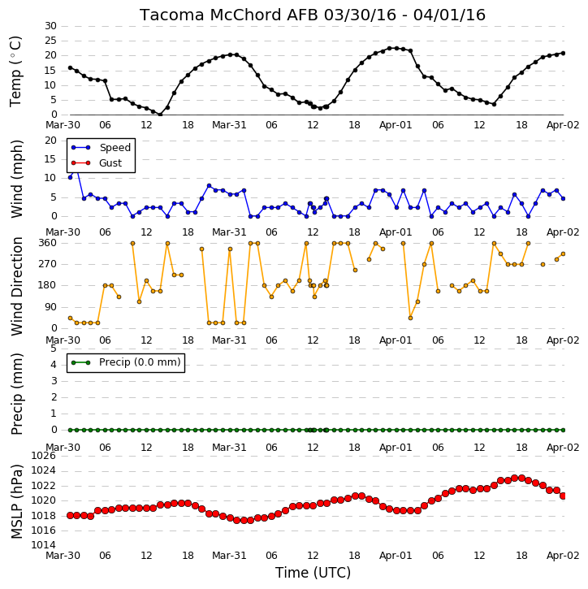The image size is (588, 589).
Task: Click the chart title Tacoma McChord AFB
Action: [x=229, y=15]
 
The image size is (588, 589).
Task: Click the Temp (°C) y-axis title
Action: [x=15, y=71]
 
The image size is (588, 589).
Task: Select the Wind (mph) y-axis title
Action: [x=16, y=179]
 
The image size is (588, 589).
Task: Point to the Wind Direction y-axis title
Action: [x=17, y=286]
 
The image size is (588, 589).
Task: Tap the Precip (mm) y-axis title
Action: [x=17, y=394]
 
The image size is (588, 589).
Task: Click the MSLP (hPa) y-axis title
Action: [x=17, y=501]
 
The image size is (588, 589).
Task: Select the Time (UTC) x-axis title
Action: [x=313, y=573]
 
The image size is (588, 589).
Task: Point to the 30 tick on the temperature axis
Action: [x=50, y=26]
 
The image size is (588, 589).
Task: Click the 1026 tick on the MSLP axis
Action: [x=43, y=456]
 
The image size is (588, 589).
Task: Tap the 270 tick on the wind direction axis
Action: [x=48, y=264]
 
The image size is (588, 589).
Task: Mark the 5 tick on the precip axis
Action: [x=54, y=349]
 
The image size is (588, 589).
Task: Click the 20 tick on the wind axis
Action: [x=50, y=141]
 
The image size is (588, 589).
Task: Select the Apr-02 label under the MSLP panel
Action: [x=563, y=556]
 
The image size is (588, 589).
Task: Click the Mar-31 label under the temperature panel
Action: [x=229, y=125]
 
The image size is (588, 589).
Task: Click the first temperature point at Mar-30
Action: [x=70, y=67]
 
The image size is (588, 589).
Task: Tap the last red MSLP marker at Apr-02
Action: [x=563, y=496]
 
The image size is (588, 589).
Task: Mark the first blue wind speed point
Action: [x=70, y=177]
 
